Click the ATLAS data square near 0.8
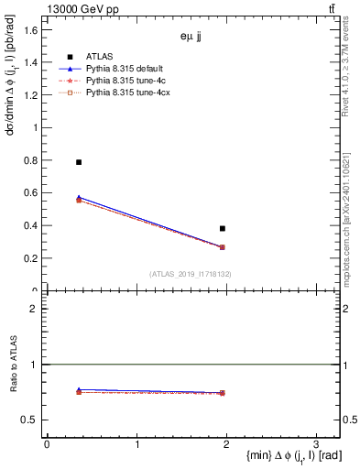[x=79, y=162]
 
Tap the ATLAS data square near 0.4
[x=223, y=228]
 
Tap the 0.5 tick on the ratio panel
[x=31, y=420]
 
